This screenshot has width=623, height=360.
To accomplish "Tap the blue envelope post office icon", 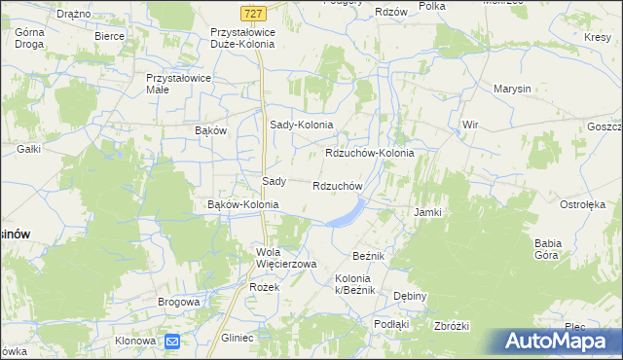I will (172, 342).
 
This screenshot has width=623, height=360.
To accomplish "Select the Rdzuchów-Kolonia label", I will (369, 154).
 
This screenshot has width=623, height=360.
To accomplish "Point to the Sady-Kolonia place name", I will (301, 126).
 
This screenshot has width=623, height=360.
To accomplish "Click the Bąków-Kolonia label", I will (243, 205).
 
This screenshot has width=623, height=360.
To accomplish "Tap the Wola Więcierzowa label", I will (286, 258).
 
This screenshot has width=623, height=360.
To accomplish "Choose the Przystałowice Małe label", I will (171, 83).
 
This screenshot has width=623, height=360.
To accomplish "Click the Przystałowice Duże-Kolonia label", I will (243, 38).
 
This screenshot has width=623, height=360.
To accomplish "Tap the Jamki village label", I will (428, 212).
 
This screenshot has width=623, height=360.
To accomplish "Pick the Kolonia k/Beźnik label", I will (368, 284).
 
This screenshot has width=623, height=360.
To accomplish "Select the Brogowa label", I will (179, 303).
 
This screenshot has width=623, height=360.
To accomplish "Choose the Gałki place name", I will (28, 149).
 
